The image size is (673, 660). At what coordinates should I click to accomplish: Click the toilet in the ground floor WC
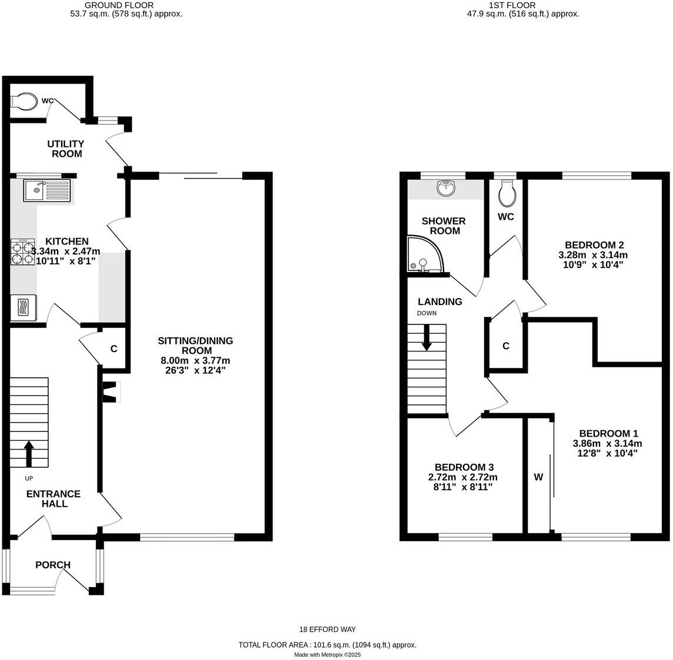(24, 101)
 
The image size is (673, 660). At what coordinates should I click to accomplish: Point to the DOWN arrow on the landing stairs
(427, 339)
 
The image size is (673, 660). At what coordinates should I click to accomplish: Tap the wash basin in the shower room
(447, 189)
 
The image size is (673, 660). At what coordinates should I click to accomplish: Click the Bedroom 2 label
(594, 245)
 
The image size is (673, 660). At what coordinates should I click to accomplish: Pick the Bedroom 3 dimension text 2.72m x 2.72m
(462, 477)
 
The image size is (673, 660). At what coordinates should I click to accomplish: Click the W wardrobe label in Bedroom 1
(538, 477)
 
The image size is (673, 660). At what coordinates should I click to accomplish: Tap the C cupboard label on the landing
(505, 346)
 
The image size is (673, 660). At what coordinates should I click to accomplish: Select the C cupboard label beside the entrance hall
(114, 349)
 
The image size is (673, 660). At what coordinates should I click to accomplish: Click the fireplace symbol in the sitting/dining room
(111, 392)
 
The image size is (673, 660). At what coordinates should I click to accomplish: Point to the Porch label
(53, 565)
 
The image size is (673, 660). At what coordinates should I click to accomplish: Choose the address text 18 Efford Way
(327, 629)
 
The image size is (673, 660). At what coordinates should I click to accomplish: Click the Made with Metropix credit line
(327, 654)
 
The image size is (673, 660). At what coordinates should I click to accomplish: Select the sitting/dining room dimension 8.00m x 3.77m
(195, 360)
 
